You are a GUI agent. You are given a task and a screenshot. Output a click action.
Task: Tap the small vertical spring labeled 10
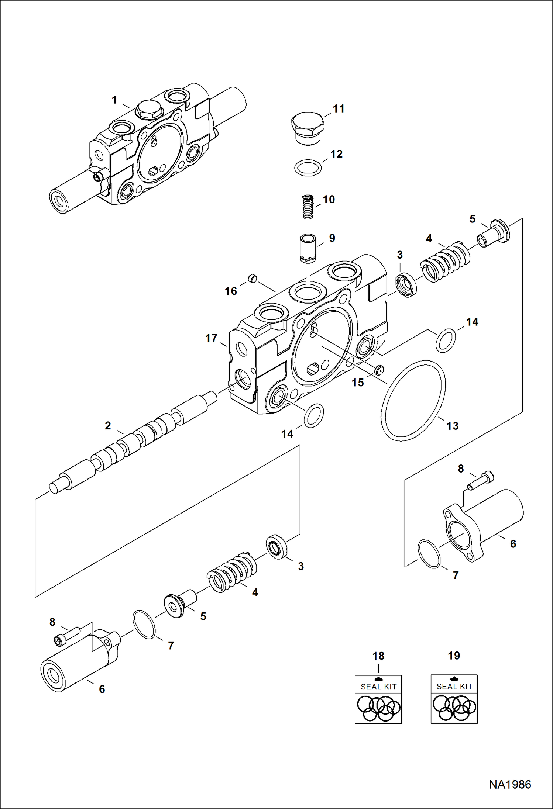(308, 207)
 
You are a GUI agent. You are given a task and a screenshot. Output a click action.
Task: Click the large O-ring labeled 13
(413, 400)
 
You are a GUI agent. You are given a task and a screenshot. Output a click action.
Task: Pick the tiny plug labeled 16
(252, 278)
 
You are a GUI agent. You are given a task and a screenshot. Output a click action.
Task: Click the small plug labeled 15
(378, 370)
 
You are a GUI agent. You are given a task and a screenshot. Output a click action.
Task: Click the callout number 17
(211, 338)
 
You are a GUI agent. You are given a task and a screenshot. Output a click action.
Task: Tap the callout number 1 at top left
(114, 100)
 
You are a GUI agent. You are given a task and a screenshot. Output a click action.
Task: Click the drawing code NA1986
(510, 784)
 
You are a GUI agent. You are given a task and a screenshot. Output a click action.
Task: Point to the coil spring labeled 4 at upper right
(445, 262)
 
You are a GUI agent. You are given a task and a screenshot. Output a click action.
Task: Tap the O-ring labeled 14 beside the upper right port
(446, 340)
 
